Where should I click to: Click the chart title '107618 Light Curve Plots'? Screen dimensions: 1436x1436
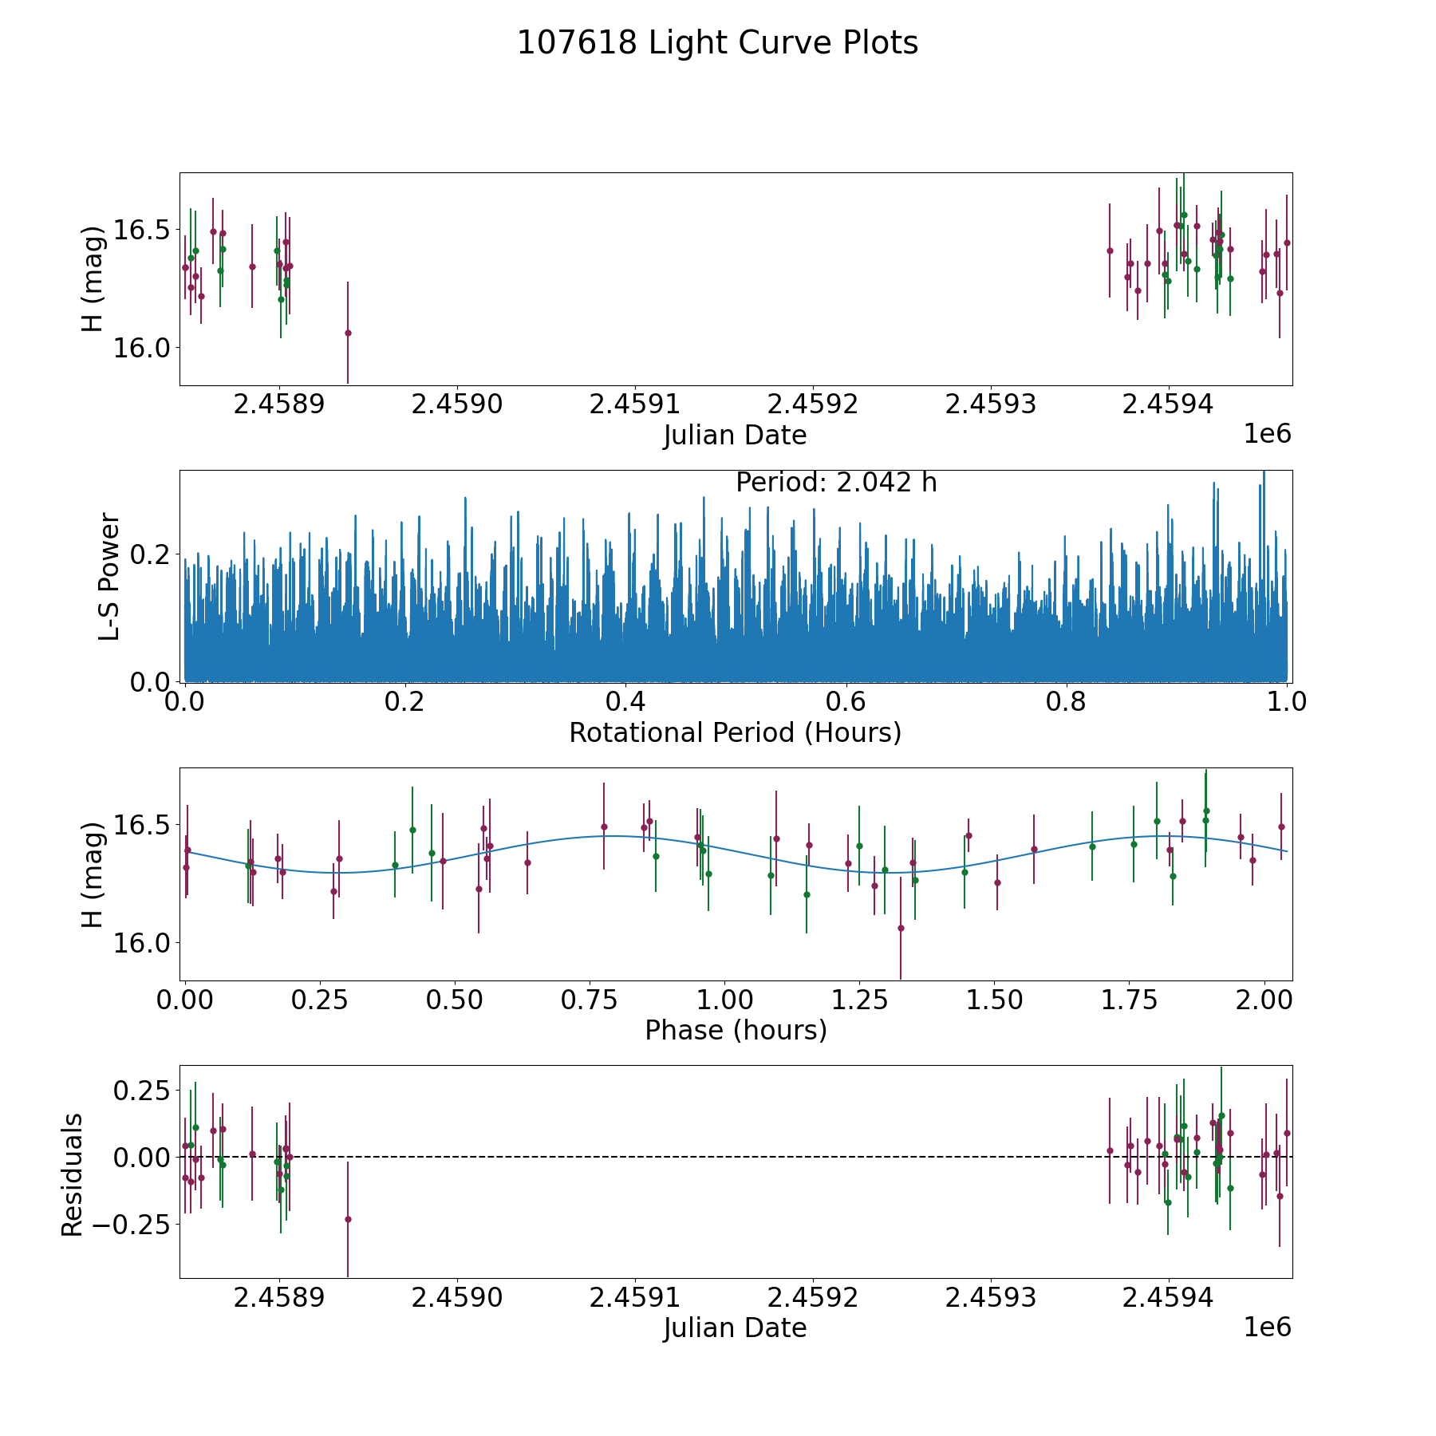[x=717, y=43]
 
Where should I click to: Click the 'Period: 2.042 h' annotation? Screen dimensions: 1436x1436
[x=836, y=483]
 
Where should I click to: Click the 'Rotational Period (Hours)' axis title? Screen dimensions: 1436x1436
[x=735, y=732]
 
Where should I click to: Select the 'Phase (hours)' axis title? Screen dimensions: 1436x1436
[x=736, y=1030]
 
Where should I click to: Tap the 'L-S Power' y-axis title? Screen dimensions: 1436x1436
[x=109, y=576]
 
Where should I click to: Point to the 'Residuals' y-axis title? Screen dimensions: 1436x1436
[x=72, y=1174]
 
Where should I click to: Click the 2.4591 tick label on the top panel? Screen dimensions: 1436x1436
[x=634, y=404]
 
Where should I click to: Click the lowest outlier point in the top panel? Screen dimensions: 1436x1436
[x=348, y=333]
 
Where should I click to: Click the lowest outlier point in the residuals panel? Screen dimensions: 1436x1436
[x=348, y=1219]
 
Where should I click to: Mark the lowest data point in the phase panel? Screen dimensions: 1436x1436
[x=901, y=928]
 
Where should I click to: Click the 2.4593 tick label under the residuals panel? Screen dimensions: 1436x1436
[x=990, y=1298]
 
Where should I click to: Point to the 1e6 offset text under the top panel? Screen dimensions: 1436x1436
[x=1268, y=434]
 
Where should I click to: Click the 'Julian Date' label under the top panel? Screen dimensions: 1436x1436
[x=735, y=435]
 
